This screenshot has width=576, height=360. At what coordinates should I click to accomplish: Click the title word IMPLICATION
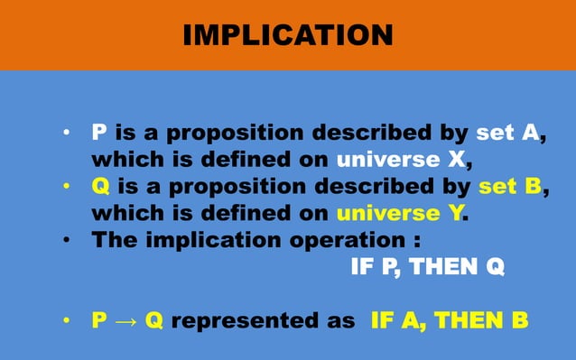(x=287, y=35)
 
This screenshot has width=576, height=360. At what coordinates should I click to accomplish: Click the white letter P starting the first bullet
(x=100, y=134)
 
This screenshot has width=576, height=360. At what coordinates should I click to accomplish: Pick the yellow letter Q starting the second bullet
(x=101, y=188)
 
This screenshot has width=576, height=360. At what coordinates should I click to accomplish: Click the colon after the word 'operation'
(x=416, y=242)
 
